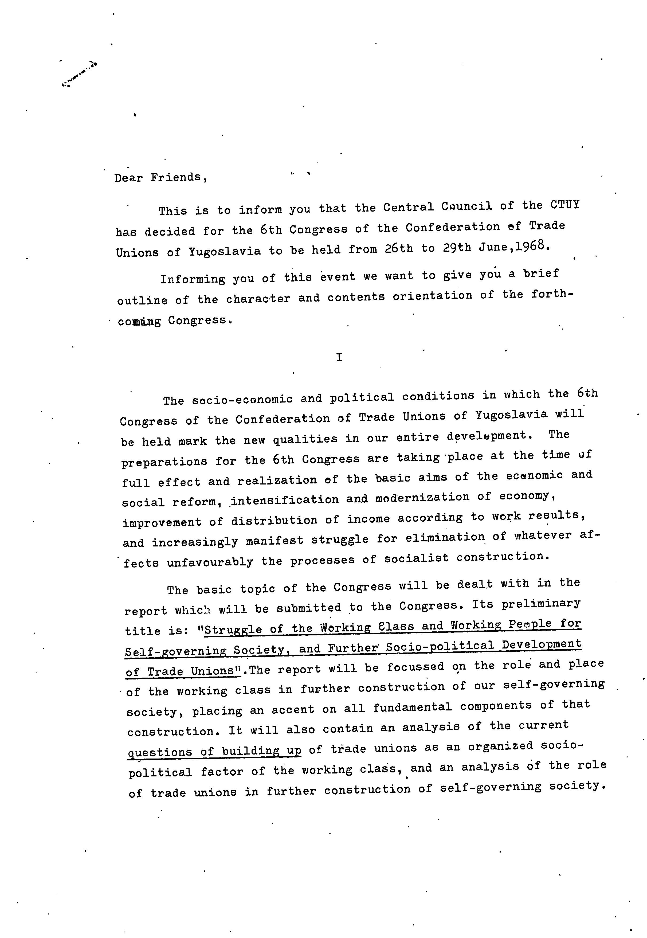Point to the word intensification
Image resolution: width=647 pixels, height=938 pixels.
pos(285,500)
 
